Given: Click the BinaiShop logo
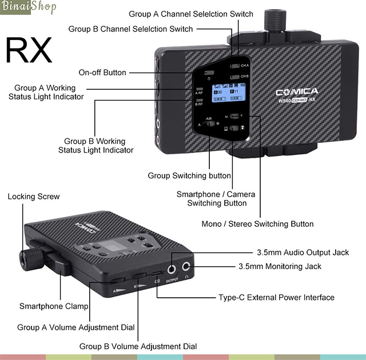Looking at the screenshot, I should click(30, 7).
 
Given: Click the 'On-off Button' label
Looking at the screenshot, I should click(102, 73).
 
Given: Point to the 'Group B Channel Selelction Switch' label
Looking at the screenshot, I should click(130, 29).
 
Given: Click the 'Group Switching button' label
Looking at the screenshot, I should click(189, 175).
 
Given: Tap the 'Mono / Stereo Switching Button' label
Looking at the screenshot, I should click(257, 223).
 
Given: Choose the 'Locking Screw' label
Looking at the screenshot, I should click(33, 197).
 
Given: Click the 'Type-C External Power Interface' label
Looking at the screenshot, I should click(276, 297).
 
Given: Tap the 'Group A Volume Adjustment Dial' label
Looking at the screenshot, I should click(76, 327).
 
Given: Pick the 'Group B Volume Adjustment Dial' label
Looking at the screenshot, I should click(138, 346).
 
